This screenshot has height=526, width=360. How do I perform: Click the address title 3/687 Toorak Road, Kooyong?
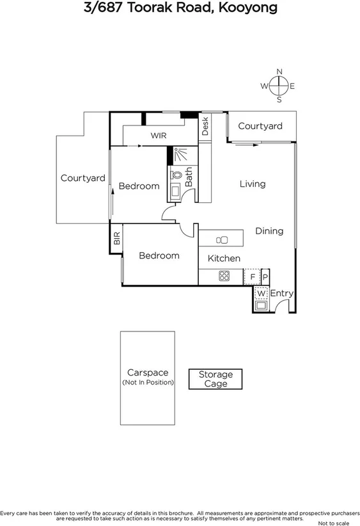tap(180, 8)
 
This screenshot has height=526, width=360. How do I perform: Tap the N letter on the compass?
tap(279, 72)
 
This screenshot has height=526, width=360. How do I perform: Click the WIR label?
tap(159, 136)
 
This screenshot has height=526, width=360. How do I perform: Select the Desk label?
tap(205, 126)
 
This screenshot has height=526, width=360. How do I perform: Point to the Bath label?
tap(189, 177)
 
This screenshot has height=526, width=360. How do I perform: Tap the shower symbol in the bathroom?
tap(178, 155)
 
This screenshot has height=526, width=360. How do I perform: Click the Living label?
tap(252, 184)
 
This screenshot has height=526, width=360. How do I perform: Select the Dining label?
tap(269, 231)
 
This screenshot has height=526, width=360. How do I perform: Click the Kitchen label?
tap(224, 259)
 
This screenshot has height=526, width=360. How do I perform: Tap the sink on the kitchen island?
tap(222, 240)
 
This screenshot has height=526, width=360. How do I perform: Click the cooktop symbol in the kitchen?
tap(224, 276)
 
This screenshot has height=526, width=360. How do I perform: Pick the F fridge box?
tap(253, 276)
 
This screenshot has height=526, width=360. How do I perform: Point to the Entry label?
tap(281, 293)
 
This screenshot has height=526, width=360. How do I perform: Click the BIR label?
tap(117, 239)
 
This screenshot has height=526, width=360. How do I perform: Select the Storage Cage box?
tap(215, 379)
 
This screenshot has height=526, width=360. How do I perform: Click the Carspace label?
tap(147, 372)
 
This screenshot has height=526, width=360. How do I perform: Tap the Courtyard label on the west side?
tap(82, 179)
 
